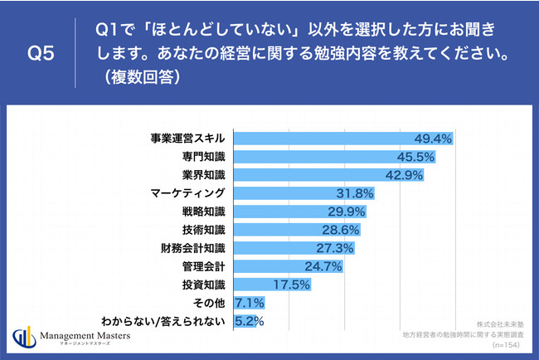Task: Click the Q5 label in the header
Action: point(42,55)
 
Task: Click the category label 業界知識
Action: point(204,174)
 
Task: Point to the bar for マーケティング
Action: point(290,193)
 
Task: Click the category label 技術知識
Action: point(204,230)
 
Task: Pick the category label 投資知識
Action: point(204,285)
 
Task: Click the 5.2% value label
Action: point(248,321)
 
